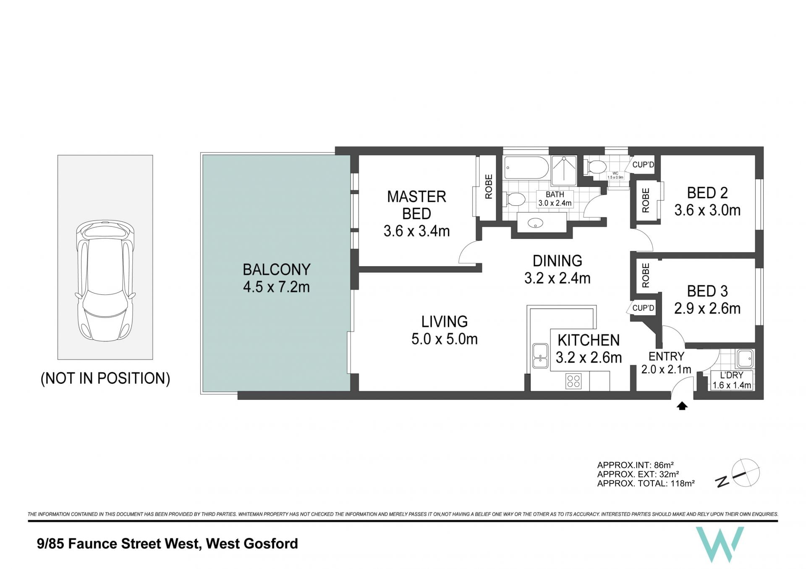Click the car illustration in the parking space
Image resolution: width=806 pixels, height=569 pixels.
tap(105, 281)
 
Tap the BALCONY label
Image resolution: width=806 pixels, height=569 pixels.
tap(277, 269)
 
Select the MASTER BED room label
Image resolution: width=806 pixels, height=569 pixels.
tap(416, 205)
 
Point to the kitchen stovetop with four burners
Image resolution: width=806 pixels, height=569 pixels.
tap(573, 381)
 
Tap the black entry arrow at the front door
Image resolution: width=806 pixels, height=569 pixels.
tap(682, 406)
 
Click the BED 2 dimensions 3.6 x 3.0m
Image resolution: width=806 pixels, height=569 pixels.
tap(707, 210)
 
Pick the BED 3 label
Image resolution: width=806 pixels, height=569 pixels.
tap(707, 291)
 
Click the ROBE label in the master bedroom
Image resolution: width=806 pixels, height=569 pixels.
tap(489, 186)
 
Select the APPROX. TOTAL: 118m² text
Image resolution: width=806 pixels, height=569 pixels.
tap(646, 483)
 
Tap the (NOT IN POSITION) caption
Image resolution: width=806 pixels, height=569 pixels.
tap(105, 378)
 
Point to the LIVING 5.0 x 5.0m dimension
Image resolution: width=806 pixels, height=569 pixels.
tap(445, 339)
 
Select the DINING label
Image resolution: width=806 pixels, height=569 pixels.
tap(557, 261)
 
